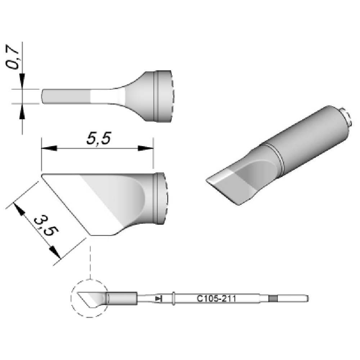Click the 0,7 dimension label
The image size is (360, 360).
pyautogui.click(x=12, y=59)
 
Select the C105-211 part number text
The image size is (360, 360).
pyautogui.click(x=216, y=299)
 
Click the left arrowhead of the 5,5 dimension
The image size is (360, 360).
pyautogui.click(x=49, y=148)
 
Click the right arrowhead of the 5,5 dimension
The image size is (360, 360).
pyautogui.click(x=145, y=148)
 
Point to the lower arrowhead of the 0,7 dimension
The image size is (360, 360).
pyautogui.click(x=22, y=111)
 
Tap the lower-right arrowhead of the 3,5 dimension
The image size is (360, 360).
pyautogui.click(x=55, y=252)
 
